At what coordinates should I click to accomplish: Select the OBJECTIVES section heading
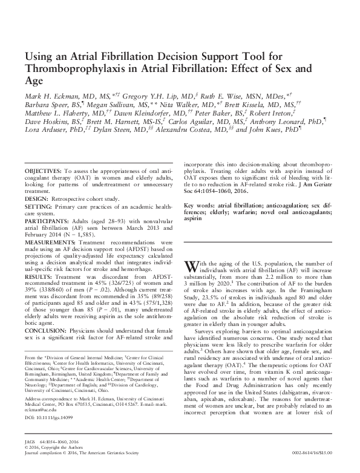[45, 172]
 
